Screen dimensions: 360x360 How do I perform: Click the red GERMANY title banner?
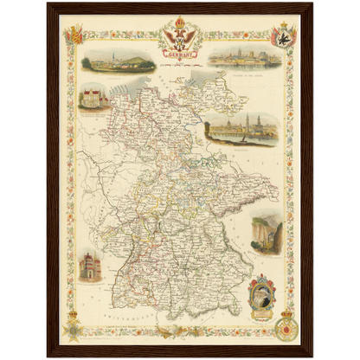180,50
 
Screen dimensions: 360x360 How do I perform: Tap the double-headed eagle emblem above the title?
180,35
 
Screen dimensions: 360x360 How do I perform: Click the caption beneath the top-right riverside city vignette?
244,73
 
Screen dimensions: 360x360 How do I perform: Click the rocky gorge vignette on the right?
266,234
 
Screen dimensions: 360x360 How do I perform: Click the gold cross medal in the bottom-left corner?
74,328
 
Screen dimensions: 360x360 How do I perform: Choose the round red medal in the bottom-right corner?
286,328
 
